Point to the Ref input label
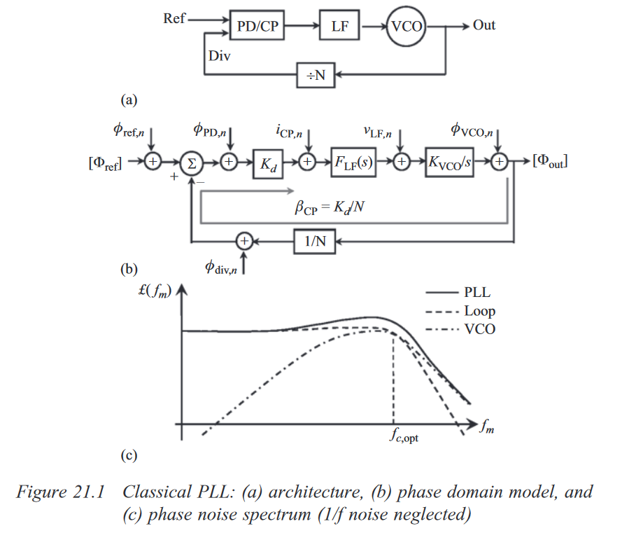coord(174,19)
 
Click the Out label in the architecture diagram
coord(484,25)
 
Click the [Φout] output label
coord(549,162)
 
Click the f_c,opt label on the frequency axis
coord(405,438)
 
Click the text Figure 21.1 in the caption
coord(60,492)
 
